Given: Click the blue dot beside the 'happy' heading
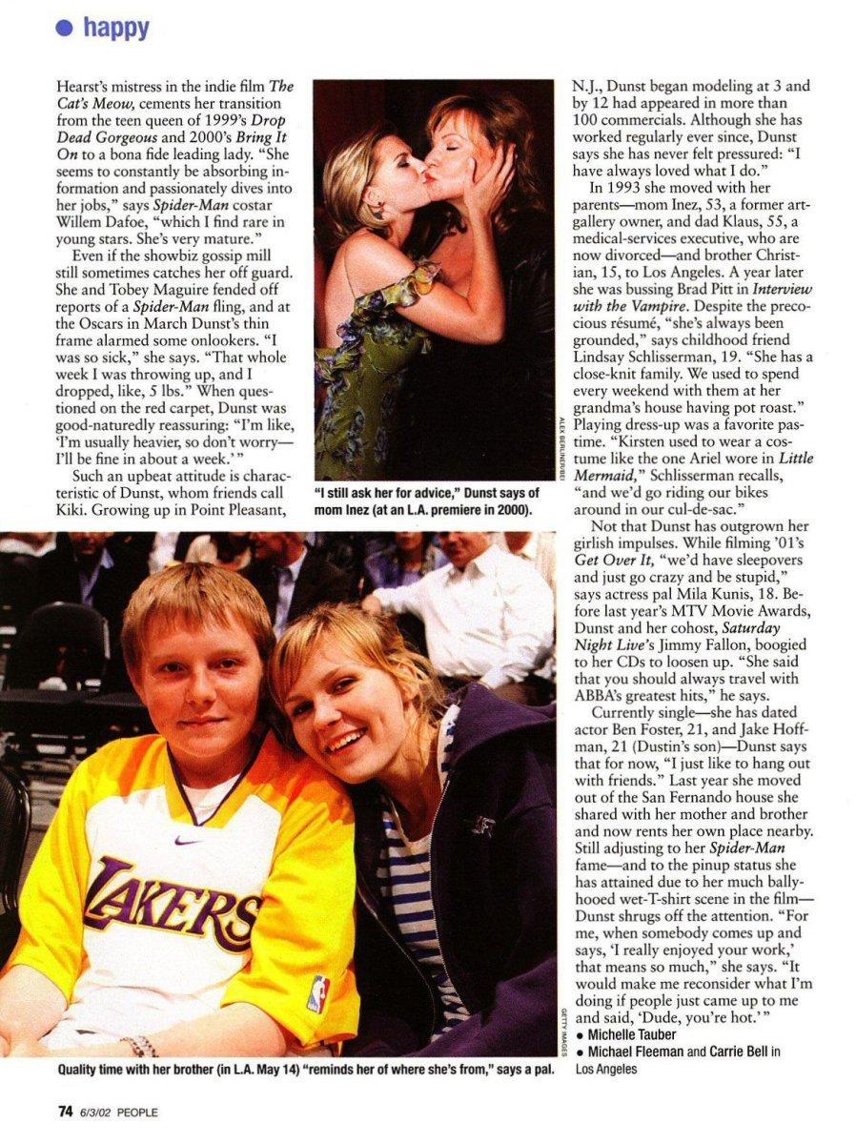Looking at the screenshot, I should pyautogui.click(x=65, y=28).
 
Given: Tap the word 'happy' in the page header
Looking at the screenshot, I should pyautogui.click(x=116, y=28).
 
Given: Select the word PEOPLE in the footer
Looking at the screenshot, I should pyautogui.click(x=138, y=1113).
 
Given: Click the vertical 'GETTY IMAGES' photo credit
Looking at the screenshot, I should pyautogui.click(x=563, y=1020).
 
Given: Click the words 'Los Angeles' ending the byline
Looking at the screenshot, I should pyautogui.click(x=606, y=1069).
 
